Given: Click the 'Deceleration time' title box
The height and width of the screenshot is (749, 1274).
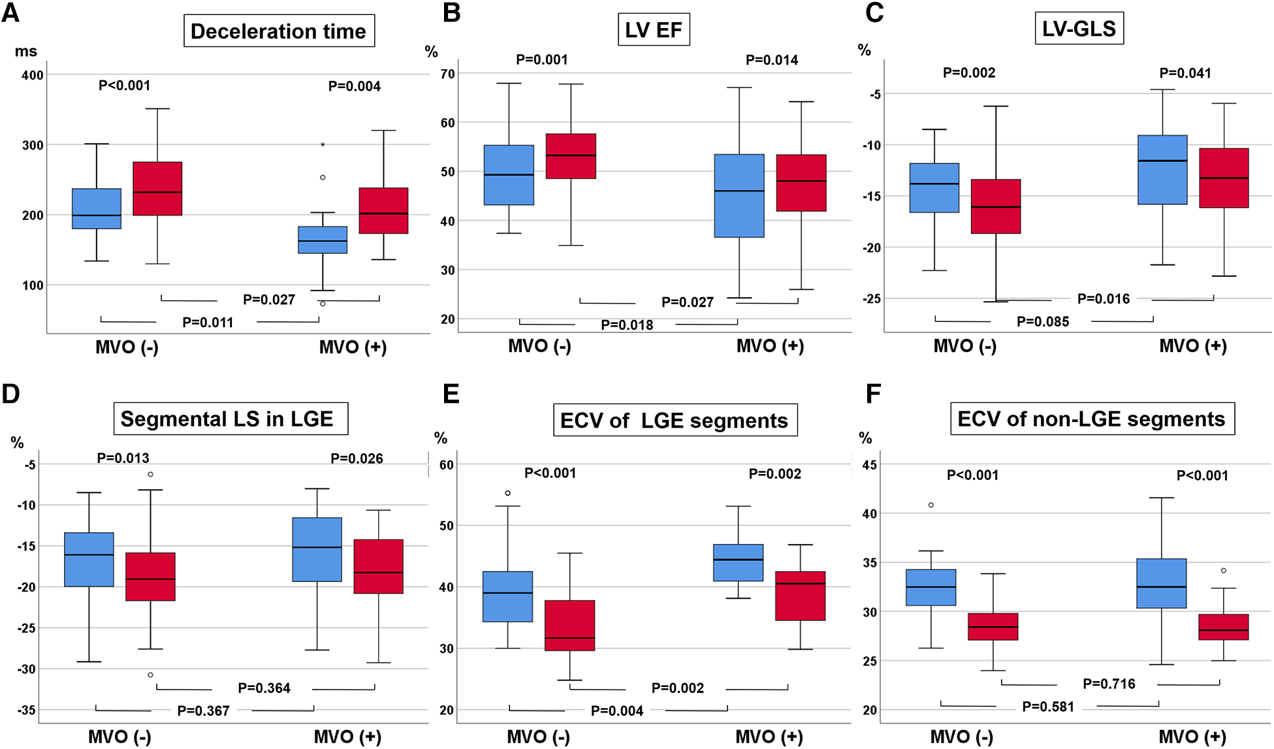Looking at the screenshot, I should coord(279,31).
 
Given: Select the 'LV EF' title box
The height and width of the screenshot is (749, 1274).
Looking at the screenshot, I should coord(653,30).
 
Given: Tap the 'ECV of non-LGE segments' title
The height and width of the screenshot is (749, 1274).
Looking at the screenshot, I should coord(1091,419).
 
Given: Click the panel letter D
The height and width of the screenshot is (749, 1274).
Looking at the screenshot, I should coord(11,394).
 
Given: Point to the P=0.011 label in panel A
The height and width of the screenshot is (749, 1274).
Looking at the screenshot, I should coord(208,323).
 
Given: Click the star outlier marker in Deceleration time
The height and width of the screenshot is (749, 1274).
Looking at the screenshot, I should coord(323,145).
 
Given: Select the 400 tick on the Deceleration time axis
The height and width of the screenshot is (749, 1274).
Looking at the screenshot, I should coord(33,75).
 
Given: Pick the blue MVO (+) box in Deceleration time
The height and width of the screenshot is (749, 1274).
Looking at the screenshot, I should coord(323,240).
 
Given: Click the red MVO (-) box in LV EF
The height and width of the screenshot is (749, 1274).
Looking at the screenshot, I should coord(571,156).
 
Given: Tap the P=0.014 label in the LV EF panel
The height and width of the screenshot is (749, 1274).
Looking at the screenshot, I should coord(772,61).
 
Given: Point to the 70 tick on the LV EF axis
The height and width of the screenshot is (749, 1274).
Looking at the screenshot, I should coord(447,74).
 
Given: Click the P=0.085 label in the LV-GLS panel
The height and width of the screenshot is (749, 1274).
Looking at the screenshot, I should coord(1043,322).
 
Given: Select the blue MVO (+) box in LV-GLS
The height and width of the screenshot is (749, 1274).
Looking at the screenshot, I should coord(1162,170).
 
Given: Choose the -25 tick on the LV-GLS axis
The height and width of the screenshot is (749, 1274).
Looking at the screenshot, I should coord(872,299).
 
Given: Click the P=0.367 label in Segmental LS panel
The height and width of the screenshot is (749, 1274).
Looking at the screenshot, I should coord(203,711).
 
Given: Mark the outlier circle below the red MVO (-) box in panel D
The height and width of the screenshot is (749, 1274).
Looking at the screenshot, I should coord(150,675).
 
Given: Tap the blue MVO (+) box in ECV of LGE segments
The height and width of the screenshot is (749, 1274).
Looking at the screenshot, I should coord(738,562).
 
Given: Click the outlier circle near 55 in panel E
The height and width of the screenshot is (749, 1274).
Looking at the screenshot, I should coord(508,493).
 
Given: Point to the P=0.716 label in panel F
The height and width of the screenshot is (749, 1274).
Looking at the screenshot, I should coord(1109,684).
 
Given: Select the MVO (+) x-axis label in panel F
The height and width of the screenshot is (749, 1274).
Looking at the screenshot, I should coord(1192,737).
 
